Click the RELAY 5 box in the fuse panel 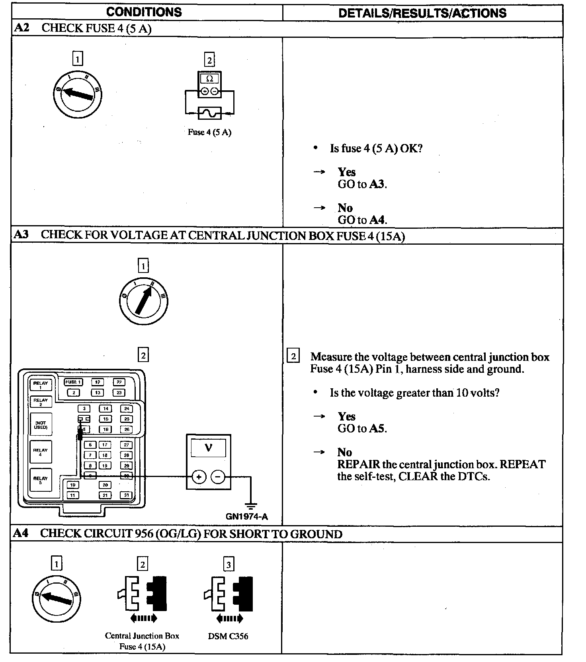click(41, 480)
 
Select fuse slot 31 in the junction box click(126, 495)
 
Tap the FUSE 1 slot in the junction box click(73, 382)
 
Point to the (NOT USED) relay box click(41, 425)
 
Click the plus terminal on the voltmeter click(199, 477)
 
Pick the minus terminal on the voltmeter click(218, 477)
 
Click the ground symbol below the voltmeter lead click(250, 506)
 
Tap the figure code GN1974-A click(247, 517)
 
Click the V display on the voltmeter click(208, 448)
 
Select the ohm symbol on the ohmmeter click(209, 78)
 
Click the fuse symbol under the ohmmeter click(209, 113)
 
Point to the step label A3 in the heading click(21, 234)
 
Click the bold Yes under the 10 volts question click(346, 417)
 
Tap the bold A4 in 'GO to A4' click(378, 220)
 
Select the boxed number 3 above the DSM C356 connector click(229, 565)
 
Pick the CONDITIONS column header click(144, 12)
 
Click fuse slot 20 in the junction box click(105, 485)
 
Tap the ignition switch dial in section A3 click(143, 301)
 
